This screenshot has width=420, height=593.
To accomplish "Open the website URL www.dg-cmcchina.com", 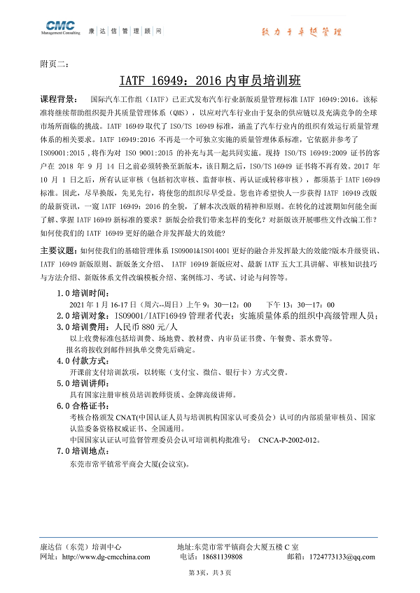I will point(105,557).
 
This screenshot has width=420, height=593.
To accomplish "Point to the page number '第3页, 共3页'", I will point(210,573).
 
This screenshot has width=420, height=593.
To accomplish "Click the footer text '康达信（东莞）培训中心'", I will point(80,546).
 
